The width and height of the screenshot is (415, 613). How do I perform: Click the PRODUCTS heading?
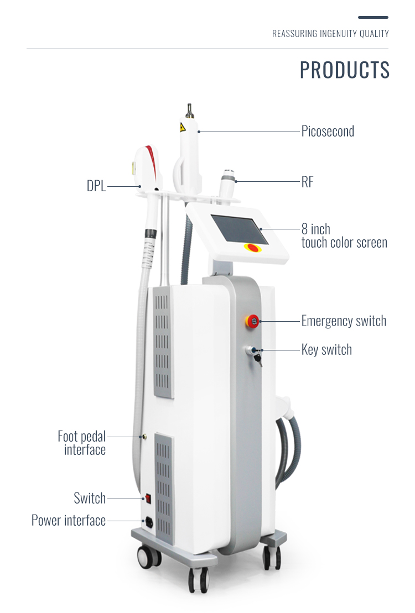click(345, 70)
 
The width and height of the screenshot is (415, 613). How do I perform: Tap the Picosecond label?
click(328, 132)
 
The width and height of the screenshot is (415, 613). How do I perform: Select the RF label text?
click(307, 182)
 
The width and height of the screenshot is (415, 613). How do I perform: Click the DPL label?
click(96, 186)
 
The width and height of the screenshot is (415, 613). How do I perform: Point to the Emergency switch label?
click(344, 321)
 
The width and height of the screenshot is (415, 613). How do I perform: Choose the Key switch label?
click(326, 349)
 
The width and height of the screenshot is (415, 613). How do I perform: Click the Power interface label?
click(69, 520)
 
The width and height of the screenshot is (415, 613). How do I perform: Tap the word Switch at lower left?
click(90, 498)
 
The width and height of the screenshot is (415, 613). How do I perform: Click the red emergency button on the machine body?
click(252, 321)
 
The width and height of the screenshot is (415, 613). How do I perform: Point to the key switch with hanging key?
click(253, 353)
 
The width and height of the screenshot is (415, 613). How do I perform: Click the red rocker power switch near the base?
click(148, 498)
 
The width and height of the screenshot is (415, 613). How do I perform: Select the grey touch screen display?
click(239, 229)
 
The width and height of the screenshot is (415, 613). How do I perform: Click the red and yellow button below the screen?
click(252, 248)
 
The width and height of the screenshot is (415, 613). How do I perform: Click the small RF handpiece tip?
click(227, 174)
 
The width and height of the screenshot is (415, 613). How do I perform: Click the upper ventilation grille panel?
click(163, 341)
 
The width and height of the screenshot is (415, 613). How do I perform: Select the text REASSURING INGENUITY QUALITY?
click(330, 34)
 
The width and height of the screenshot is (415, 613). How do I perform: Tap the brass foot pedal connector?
click(144, 437)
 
